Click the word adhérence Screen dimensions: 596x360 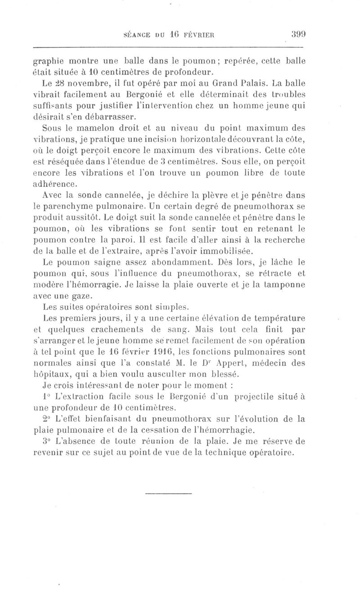[x=56, y=183]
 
